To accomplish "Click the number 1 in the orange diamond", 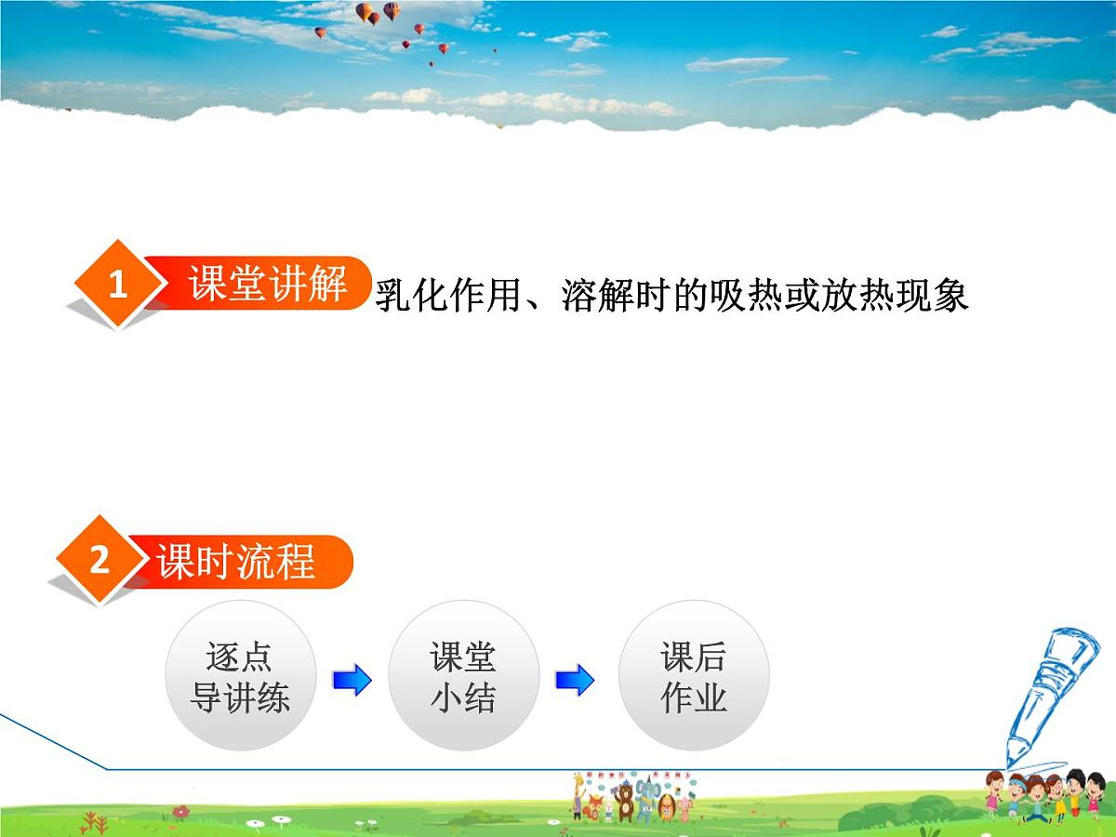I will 117,285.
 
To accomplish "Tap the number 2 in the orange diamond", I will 100,560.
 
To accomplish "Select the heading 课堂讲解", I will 268,283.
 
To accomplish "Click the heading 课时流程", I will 236,562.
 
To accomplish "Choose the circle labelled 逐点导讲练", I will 240,676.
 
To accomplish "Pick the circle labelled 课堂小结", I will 463,676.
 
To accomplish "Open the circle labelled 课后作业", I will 694,676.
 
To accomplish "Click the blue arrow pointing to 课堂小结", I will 352,680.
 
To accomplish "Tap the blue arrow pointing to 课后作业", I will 574,680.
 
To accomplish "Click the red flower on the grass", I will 180,812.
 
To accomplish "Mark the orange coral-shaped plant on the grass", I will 93,822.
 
